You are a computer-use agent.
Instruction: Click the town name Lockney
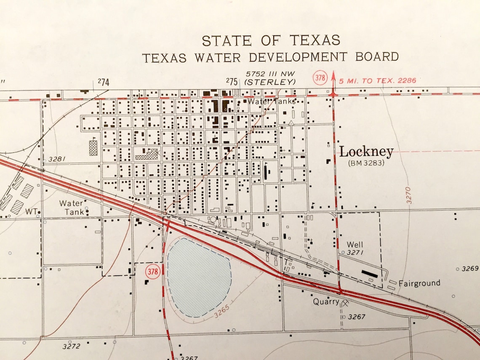[x=366, y=152]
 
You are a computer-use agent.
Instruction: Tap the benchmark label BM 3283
[x=366, y=163]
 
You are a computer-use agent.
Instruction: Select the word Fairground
[x=419, y=283]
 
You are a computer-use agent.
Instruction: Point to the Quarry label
[x=326, y=301]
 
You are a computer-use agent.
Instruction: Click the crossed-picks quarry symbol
[x=346, y=302]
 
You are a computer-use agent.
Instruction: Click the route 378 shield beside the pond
[x=152, y=272]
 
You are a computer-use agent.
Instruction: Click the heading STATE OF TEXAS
[x=271, y=40]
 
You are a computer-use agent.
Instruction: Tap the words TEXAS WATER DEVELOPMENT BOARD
[x=270, y=57]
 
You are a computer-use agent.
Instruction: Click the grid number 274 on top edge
[x=104, y=83]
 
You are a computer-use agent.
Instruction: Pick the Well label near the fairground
[x=355, y=245]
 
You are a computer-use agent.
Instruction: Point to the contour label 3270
[x=408, y=195]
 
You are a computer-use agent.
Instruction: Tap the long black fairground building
[x=369, y=273]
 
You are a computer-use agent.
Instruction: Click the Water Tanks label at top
[x=271, y=101]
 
